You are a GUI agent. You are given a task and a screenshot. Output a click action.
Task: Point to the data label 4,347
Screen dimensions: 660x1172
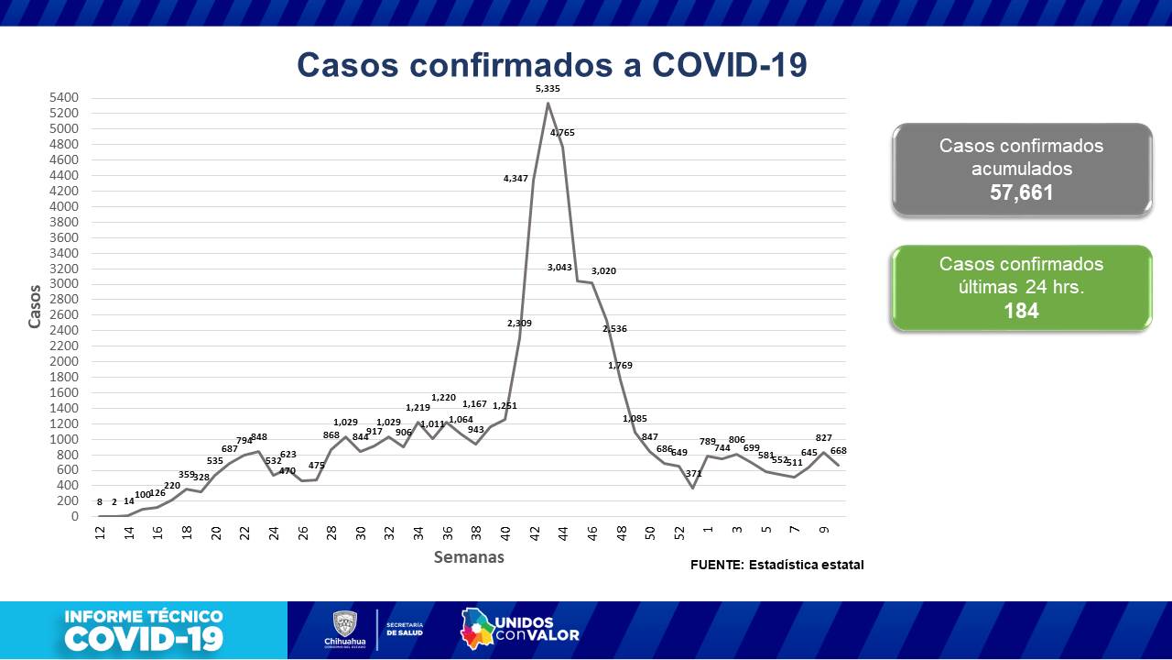(516, 179)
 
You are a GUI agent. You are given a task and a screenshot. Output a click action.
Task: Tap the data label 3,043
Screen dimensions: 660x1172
(559, 268)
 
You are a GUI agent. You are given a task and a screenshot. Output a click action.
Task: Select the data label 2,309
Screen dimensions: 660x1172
(519, 324)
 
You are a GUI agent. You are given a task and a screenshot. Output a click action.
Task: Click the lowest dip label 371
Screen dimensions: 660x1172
(693, 474)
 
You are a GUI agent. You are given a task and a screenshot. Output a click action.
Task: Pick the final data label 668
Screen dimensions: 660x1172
(838, 451)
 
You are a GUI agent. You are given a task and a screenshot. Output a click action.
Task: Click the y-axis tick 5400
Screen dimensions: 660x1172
(66, 97)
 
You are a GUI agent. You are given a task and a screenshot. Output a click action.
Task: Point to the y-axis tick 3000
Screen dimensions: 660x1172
(66, 284)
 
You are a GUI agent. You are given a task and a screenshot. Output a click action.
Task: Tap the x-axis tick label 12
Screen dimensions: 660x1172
(100, 533)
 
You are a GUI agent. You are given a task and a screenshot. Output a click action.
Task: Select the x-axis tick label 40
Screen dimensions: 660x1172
(505, 533)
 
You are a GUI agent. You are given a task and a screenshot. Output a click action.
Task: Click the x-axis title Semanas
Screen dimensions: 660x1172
(469, 557)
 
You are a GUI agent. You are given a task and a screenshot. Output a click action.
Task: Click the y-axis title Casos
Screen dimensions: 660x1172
(35, 307)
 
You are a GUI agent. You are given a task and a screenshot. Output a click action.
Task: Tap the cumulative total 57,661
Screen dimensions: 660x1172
(1021, 193)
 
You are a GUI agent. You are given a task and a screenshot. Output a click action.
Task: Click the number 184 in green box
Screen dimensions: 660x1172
(1021, 311)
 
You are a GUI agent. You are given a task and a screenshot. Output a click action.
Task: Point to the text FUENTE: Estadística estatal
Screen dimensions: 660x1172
(776, 565)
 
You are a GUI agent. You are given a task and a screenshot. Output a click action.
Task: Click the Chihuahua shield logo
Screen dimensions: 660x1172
(344, 624)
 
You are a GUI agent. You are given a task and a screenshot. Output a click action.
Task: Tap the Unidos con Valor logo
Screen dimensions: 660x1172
(519, 629)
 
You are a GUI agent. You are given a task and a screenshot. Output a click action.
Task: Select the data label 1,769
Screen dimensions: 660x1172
(620, 366)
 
